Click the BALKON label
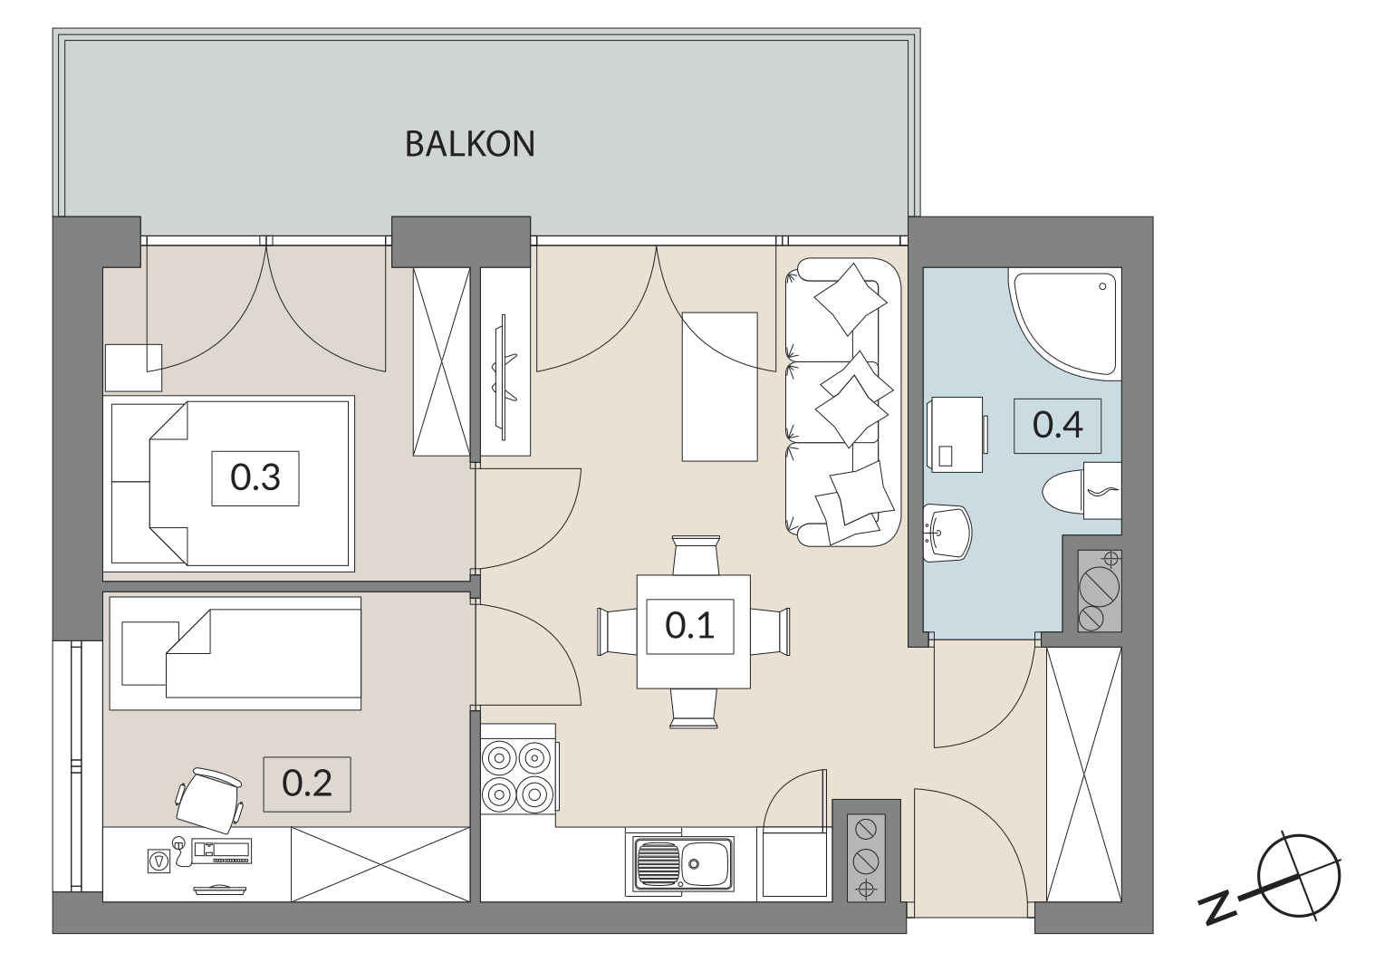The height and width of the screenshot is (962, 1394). coord(470,144)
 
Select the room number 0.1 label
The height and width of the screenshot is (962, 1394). coord(689,627)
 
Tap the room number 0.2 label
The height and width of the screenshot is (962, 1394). coord(307,784)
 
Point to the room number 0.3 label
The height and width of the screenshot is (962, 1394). coord(255,478)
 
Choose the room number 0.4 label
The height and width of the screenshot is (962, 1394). coord(1057,426)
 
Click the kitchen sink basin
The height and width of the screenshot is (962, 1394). coord(683,863)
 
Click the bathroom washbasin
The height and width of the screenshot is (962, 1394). coord(947,533)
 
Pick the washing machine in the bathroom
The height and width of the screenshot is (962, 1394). coord(956,434)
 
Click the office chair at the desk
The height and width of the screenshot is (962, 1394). coord(210,800)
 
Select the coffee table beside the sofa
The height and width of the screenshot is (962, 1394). coord(719,387)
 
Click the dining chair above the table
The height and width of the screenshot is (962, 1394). coord(697,555)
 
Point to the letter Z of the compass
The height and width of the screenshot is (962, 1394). coord(1216,909)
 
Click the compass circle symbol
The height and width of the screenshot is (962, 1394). coord(1298,876)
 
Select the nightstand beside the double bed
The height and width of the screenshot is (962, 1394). coord(133,368)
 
